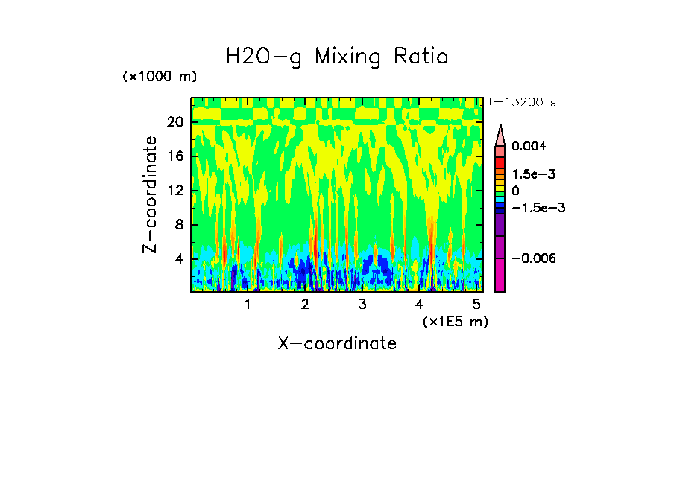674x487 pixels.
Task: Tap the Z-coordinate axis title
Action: click(x=151, y=194)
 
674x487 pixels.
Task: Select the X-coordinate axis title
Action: click(x=337, y=343)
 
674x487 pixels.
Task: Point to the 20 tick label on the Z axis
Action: click(x=175, y=122)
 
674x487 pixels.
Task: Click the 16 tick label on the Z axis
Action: click(x=175, y=156)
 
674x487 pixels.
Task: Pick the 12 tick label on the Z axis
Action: click(x=175, y=191)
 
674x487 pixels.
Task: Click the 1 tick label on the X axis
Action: click(x=248, y=305)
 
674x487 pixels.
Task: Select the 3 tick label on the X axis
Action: click(x=362, y=305)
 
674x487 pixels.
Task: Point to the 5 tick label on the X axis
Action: click(x=476, y=305)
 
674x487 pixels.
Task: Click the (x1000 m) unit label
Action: click(x=160, y=77)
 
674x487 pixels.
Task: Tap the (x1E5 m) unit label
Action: click(x=455, y=322)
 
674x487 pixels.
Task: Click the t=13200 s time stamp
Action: click(x=522, y=102)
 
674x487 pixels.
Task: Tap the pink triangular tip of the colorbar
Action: click(x=500, y=135)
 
